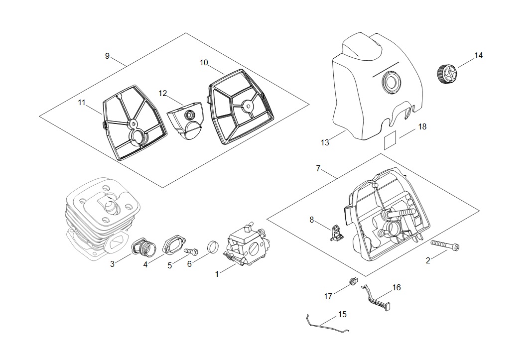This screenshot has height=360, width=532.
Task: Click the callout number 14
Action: tap(478, 56)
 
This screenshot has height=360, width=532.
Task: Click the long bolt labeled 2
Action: tap(445, 245)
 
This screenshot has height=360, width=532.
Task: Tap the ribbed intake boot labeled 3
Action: tap(141, 245)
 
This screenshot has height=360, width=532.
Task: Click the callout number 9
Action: tap(107, 56)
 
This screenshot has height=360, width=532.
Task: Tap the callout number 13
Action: tap(325, 143)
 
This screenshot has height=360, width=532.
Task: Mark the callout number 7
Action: tap(318, 168)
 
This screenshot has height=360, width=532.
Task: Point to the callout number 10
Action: tap(204, 63)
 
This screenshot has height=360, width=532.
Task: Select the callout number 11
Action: tap(82, 103)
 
